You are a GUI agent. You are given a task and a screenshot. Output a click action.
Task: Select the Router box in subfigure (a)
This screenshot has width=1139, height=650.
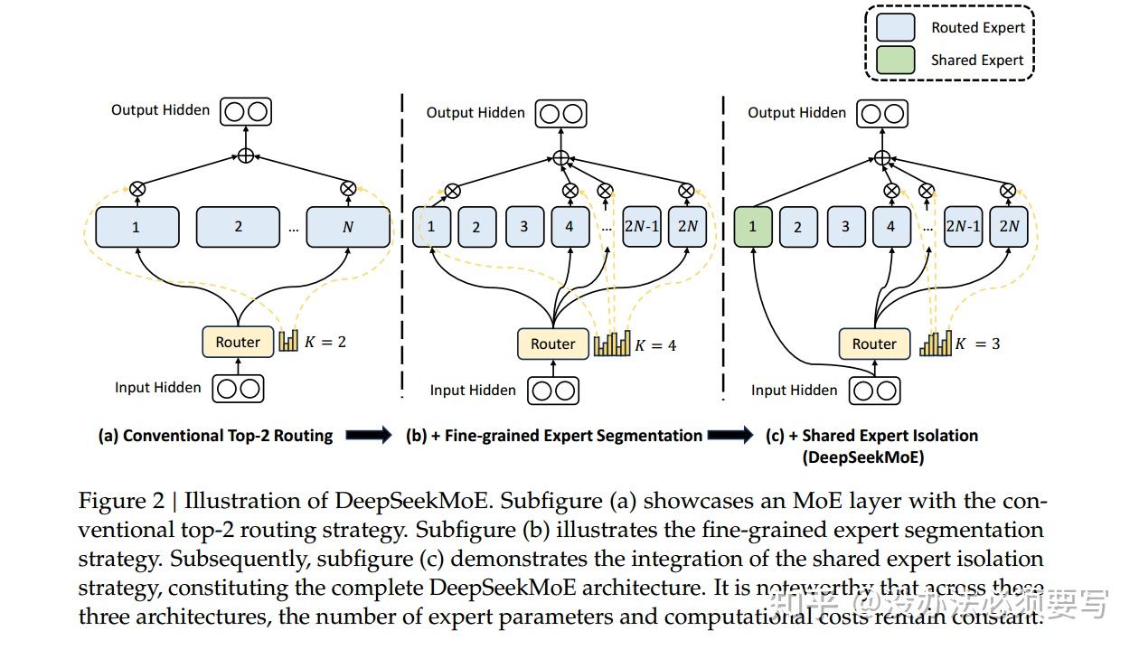(237, 342)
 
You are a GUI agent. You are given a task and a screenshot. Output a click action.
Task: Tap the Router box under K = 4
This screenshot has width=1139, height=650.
(552, 344)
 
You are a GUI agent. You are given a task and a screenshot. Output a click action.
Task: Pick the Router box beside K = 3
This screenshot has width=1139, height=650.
(873, 344)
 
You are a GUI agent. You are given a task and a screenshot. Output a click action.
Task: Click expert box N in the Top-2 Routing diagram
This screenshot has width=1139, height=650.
(348, 227)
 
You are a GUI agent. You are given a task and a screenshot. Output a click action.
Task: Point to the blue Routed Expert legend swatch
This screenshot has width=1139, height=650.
(895, 27)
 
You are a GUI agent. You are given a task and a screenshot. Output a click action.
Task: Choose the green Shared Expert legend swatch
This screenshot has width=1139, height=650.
(895, 60)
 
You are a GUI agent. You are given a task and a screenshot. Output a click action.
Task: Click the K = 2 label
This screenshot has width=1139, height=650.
(325, 342)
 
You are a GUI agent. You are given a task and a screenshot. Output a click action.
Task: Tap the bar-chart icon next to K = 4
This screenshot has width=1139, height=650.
(612, 344)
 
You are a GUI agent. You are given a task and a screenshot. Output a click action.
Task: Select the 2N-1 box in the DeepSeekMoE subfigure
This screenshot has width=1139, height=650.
(963, 227)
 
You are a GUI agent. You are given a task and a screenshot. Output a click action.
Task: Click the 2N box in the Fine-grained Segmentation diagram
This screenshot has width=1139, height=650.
(687, 227)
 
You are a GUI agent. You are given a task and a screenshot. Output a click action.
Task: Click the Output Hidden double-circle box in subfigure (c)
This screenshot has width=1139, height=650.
(882, 114)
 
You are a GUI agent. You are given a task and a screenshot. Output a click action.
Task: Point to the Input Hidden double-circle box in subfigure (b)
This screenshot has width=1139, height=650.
(553, 391)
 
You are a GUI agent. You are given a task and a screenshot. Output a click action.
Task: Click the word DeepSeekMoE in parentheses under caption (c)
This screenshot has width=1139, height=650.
(863, 457)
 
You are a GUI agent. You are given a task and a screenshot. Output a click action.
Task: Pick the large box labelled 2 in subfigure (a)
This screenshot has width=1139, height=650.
(238, 227)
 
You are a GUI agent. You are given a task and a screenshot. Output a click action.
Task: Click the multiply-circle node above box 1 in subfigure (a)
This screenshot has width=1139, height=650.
(137, 189)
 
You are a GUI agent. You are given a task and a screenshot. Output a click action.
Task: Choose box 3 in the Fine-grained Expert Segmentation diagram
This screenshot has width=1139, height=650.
(524, 227)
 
